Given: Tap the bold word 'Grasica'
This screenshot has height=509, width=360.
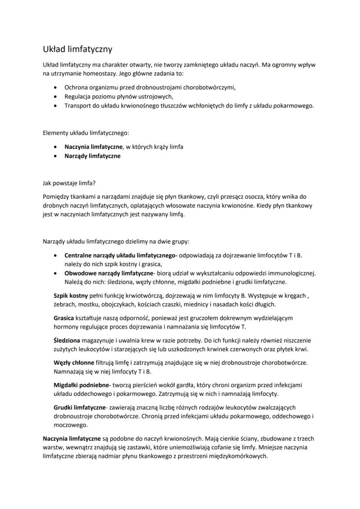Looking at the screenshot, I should pyautogui.click(x=64, y=318).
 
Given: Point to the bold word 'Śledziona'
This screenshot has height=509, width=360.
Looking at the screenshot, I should pyautogui.click(x=67, y=340).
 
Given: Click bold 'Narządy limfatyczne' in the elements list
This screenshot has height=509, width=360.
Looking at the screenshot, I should pyautogui.click(x=92, y=156).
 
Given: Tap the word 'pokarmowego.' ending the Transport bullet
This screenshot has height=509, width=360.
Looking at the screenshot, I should pyautogui.click(x=294, y=106).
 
